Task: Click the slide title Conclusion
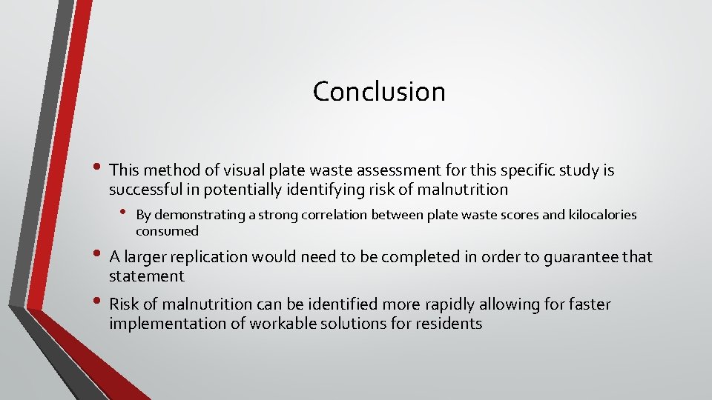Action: (379, 91)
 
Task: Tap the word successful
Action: (147, 190)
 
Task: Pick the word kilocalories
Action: (602, 215)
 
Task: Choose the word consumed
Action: (167, 231)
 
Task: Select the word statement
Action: (146, 276)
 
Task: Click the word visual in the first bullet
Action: (209, 170)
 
